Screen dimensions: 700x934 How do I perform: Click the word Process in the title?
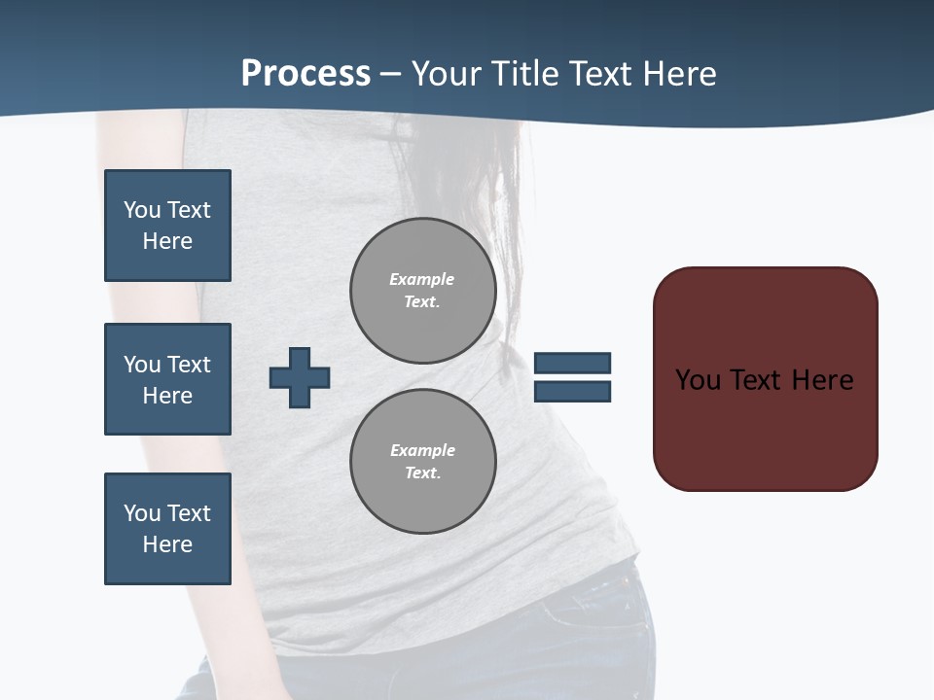click(305, 74)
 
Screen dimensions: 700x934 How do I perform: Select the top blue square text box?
click(167, 226)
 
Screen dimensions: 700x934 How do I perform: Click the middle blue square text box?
click(167, 379)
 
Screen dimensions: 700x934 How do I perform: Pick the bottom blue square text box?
click(167, 529)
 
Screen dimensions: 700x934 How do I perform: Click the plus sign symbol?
click(300, 377)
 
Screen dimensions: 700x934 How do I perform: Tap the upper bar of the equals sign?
click(572, 363)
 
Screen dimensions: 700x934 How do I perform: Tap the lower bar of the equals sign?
click(572, 391)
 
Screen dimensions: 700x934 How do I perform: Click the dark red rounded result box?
click(765, 428)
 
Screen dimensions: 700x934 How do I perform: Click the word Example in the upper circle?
click(421, 279)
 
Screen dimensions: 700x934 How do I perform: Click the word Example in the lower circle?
click(422, 450)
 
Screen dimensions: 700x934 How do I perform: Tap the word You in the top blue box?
click(142, 210)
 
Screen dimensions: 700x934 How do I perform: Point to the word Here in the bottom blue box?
click(167, 544)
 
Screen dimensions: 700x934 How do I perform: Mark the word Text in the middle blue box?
click(188, 365)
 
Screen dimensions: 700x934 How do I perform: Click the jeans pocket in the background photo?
click(584, 622)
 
